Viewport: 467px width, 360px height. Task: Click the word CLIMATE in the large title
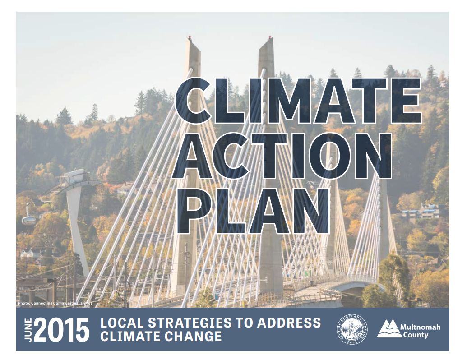(x=298, y=102)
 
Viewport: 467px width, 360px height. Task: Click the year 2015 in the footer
(x=62, y=330)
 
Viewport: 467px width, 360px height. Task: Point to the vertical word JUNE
(x=28, y=330)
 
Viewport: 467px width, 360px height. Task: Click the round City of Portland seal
(x=352, y=329)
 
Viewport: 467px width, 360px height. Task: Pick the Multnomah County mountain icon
(x=388, y=329)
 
